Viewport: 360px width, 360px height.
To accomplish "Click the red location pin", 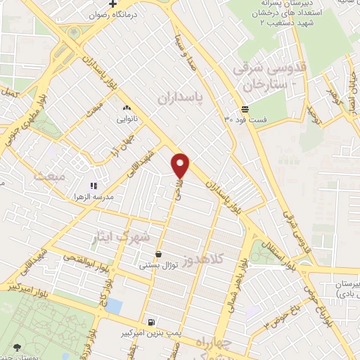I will tap(181, 165).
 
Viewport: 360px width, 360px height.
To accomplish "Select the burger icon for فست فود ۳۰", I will tap(244, 109).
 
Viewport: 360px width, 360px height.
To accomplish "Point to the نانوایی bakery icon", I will tap(127, 108).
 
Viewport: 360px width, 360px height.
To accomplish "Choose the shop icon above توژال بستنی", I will tap(159, 254).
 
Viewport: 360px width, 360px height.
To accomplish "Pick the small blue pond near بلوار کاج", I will tap(113, 306).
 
